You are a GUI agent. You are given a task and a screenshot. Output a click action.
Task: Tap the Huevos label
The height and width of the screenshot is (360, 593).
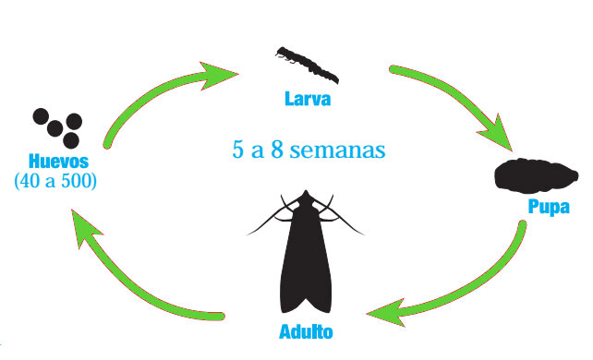point(56,162)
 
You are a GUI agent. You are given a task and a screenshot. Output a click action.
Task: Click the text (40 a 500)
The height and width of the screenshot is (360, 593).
point(56,180)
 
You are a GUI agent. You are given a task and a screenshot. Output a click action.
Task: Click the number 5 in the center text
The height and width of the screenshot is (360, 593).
point(238,149)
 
